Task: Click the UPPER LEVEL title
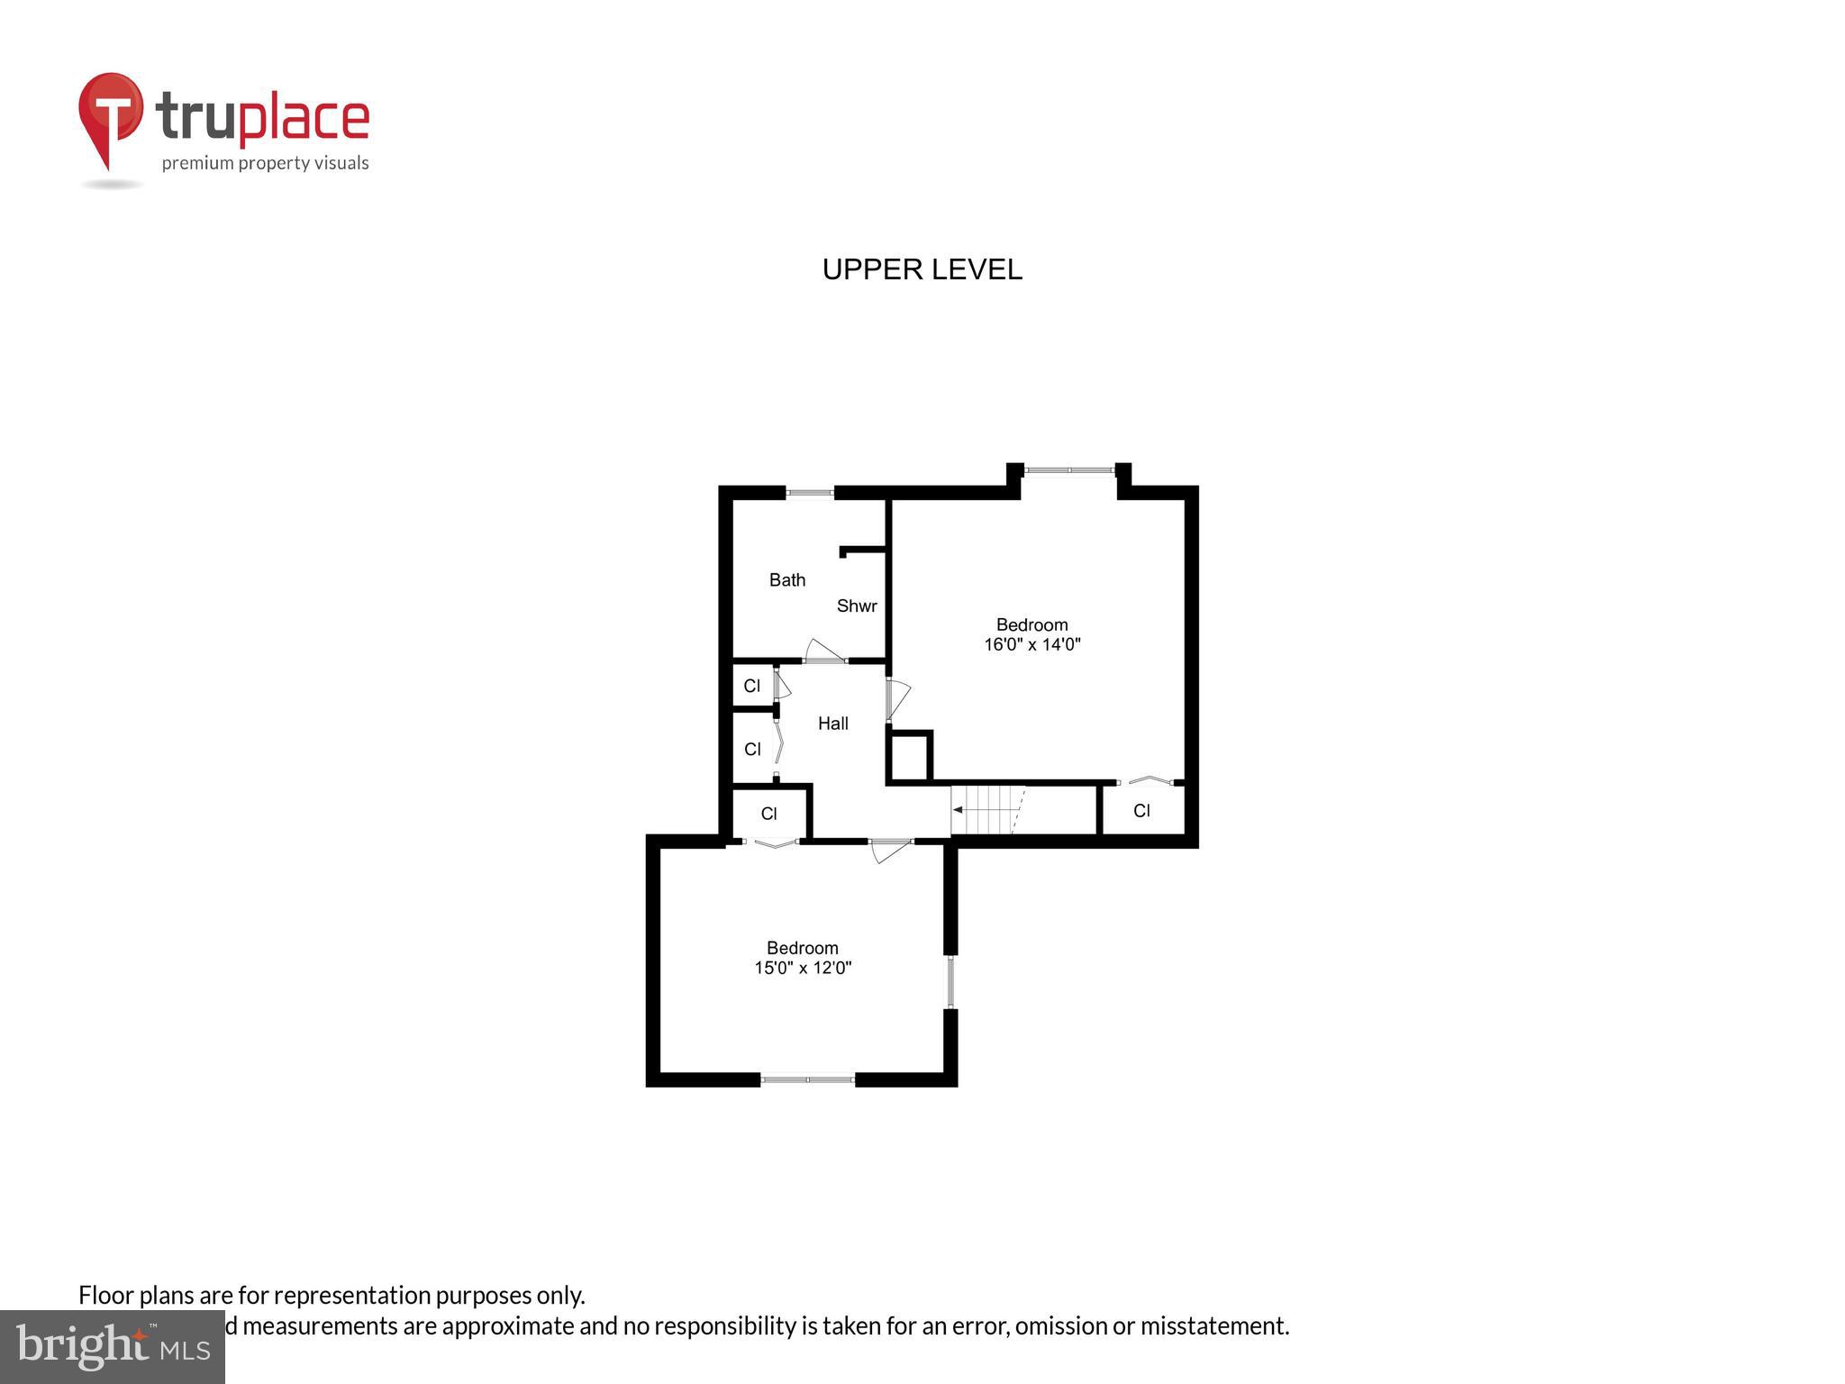[x=922, y=269]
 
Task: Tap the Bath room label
[x=786, y=580]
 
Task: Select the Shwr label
[x=856, y=606]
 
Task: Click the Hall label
[x=832, y=724]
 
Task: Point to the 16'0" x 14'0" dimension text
[x=1032, y=645]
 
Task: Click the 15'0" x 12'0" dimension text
[x=803, y=969]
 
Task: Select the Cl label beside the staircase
[x=1141, y=811]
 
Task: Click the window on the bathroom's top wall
[x=809, y=493]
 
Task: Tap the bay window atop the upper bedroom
[x=1069, y=469]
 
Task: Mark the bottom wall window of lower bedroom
[x=807, y=1079]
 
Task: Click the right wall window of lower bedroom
[x=950, y=981]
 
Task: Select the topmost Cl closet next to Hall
[x=751, y=687]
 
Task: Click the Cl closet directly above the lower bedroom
[x=768, y=815]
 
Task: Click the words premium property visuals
[x=265, y=163]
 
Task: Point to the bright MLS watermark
[x=113, y=1347]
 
